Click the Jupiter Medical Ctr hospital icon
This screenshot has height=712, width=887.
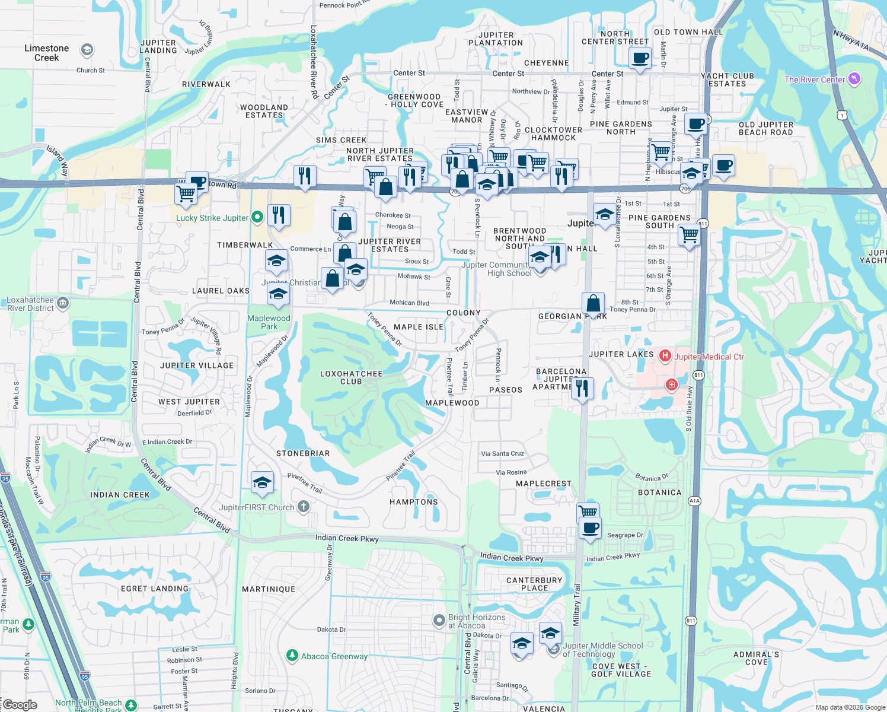click(665, 356)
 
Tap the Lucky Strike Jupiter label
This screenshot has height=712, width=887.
click(212, 218)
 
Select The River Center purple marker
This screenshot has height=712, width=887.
click(854, 78)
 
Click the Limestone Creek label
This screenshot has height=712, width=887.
click(47, 53)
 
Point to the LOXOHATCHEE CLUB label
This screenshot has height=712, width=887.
click(351, 377)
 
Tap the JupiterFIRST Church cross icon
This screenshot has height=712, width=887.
click(304, 507)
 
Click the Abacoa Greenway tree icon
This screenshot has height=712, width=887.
click(292, 655)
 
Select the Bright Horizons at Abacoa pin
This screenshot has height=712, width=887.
click(439, 621)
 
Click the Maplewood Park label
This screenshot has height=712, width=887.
click(269, 322)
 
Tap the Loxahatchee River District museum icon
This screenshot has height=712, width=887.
click(63, 304)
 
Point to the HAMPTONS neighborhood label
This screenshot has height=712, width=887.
click(414, 502)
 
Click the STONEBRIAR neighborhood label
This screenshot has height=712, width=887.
click(303, 453)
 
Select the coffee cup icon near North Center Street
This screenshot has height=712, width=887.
click(640, 58)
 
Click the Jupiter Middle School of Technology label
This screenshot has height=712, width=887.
click(602, 650)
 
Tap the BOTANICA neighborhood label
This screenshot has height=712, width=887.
click(660, 492)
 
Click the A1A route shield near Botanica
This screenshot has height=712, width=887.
click(694, 501)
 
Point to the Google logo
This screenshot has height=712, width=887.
click(20, 705)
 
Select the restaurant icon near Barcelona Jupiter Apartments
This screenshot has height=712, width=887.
click(582, 388)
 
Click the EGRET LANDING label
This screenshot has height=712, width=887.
click(155, 589)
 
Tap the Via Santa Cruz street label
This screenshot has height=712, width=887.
click(502, 453)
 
